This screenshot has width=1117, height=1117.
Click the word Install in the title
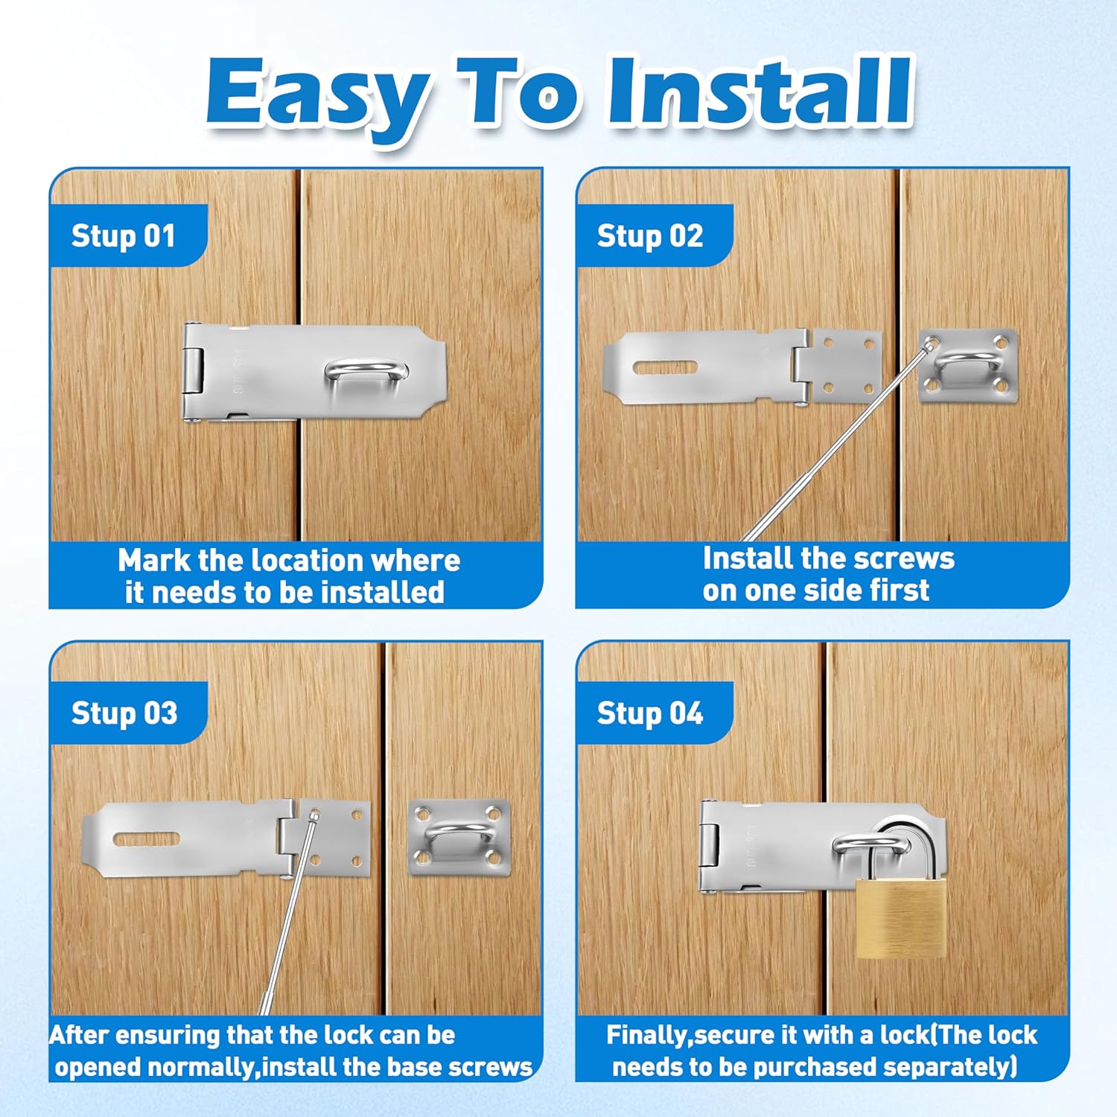pos(760,93)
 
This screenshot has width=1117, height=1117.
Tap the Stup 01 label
pos(124,236)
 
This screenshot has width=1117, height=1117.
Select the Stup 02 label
pos(649,236)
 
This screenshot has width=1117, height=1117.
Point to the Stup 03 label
pos(124,713)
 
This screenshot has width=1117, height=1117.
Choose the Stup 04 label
pos(649,713)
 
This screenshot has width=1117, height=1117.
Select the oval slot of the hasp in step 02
pos(665,367)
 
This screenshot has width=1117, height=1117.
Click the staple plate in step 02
pos(967,366)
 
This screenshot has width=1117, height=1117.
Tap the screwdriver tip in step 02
pos(929,343)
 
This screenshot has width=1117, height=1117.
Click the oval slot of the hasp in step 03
pos(146,839)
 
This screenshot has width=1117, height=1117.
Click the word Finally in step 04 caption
pos(647,1035)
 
